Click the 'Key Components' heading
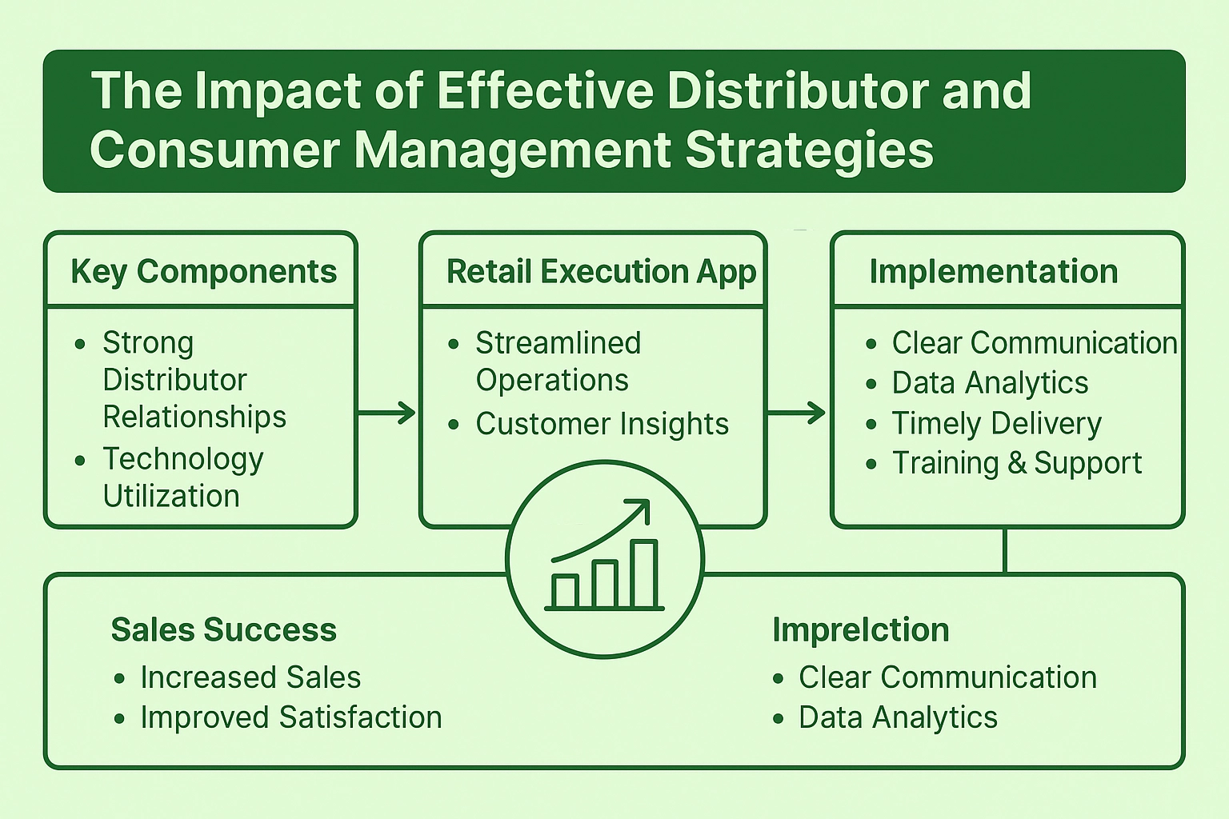point(203,272)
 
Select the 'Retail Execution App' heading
point(602,272)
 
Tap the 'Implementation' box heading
point(994,272)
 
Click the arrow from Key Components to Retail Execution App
point(386,413)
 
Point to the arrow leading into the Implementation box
point(796,413)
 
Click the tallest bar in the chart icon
point(644,573)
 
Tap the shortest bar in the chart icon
point(565,591)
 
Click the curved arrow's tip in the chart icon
point(649,501)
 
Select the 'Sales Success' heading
point(224,629)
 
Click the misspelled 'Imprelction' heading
point(861,629)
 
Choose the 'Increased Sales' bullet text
point(250,677)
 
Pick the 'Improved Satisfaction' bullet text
point(291,717)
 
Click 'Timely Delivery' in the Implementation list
point(997,423)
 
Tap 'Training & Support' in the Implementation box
point(1017,463)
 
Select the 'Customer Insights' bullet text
point(602,423)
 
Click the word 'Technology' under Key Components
point(183,460)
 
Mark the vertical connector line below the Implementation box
point(1005,551)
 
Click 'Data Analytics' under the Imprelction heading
point(899,717)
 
